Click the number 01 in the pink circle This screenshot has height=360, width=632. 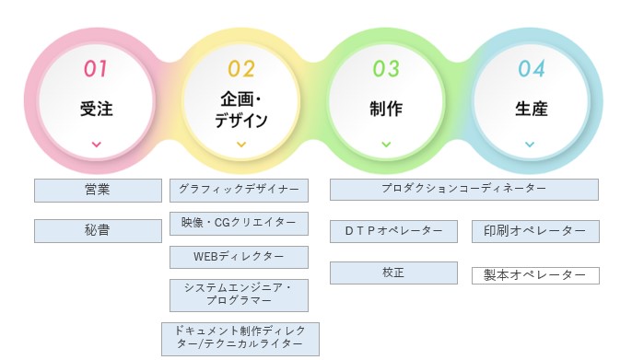coord(96,68)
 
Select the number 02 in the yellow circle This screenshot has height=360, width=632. coord(240,68)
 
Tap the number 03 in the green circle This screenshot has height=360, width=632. coord(385,68)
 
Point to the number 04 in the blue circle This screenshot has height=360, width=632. coord(531,68)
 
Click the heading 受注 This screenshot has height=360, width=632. coord(96,109)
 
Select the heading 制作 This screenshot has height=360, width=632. coord(385,109)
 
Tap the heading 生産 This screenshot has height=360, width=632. coord(531,109)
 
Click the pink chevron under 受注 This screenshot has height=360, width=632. coord(97,145)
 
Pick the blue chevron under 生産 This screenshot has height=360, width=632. coord(530,145)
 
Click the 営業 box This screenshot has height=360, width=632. coord(98,191)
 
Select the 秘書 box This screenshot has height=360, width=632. coord(98,230)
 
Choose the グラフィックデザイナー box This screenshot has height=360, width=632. coord(239,191)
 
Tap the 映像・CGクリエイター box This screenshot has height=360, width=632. coord(239,224)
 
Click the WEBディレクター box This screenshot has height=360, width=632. coord(239,256)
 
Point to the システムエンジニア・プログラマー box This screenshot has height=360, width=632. coord(239,295)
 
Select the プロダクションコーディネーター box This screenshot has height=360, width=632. coord(464,189)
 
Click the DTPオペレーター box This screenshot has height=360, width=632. coord(393,230)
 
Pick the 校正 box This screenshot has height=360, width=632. coord(393,273)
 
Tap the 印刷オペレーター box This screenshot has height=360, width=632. coord(535,231)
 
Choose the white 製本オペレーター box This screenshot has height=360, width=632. coord(535,275)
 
